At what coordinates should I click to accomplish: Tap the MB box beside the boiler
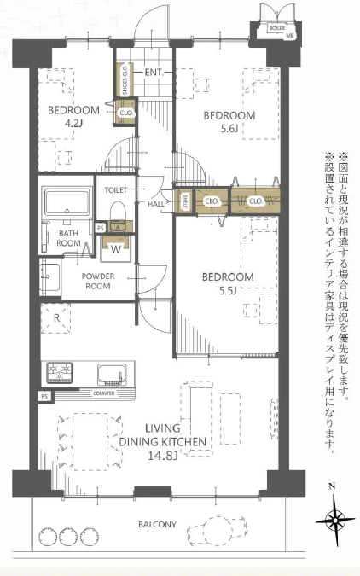pyautogui.click(x=290, y=35)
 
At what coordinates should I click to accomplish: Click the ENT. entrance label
pyautogui.click(x=154, y=73)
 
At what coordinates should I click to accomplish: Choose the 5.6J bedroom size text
pyautogui.click(x=228, y=129)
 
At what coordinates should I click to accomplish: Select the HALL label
pyautogui.click(x=157, y=204)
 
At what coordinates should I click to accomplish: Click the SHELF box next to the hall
pyautogui.click(x=184, y=201)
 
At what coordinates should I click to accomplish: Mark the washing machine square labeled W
pyautogui.click(x=115, y=250)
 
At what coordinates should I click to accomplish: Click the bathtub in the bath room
pyautogui.click(x=67, y=204)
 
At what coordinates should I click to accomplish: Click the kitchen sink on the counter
pyautogui.click(x=113, y=373)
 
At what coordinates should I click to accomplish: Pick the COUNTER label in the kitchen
pyautogui.click(x=103, y=393)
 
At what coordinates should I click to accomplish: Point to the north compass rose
pyautogui.click(x=334, y=518)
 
